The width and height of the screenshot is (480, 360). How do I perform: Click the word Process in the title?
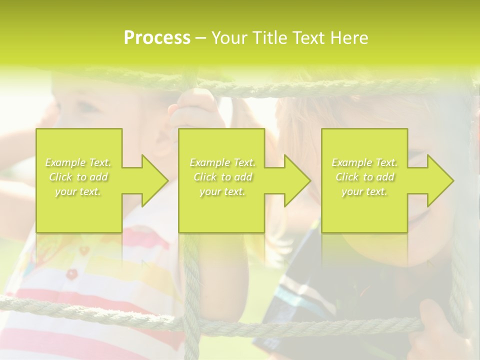pos(157,38)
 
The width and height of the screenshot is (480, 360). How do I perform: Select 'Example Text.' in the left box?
pos(78,162)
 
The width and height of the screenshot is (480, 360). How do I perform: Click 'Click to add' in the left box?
pos(78,177)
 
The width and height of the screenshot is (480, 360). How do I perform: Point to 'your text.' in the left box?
pos(78,191)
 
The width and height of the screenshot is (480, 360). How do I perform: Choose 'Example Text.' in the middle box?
pos(222,162)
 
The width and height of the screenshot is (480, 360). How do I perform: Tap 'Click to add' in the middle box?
pos(222,177)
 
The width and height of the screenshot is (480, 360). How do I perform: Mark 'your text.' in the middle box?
pos(222,191)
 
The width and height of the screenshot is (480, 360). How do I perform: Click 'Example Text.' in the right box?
pos(364,162)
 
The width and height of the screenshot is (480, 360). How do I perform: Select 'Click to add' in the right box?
pos(364,177)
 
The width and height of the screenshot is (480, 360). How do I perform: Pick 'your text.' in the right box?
pos(364,191)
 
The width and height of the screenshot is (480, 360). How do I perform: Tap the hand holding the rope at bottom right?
pos(435,325)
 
